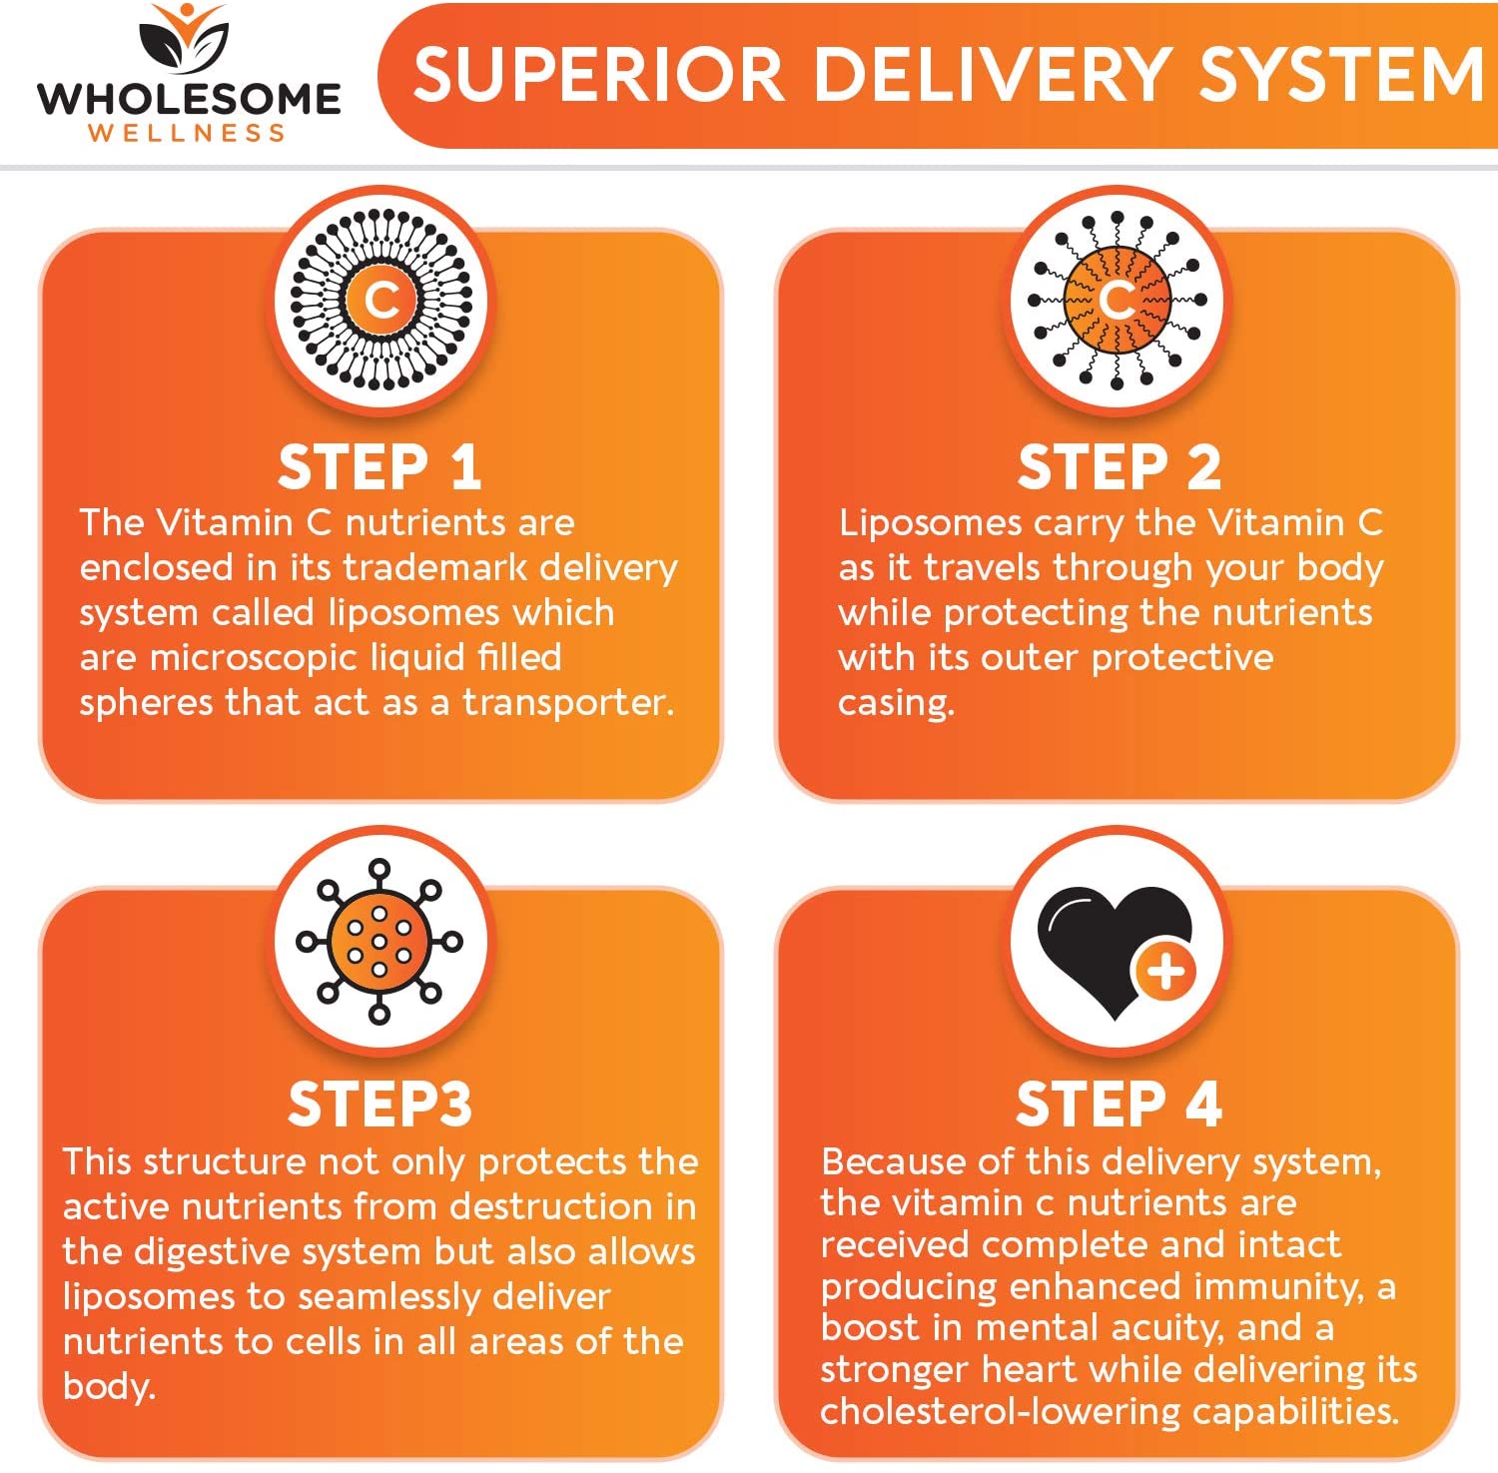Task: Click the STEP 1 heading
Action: coord(379,467)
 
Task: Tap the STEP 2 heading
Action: coord(1119,467)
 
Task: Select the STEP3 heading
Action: coord(379,1105)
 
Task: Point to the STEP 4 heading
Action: coord(1119,1105)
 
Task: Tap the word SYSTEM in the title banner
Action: coord(1341,75)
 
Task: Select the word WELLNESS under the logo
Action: coord(188,134)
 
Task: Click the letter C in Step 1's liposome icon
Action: coord(381,300)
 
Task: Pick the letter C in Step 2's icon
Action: coord(1118,300)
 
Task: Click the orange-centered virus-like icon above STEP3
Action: coord(379,941)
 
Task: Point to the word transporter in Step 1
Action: coord(567,702)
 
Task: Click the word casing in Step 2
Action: coord(896,703)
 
